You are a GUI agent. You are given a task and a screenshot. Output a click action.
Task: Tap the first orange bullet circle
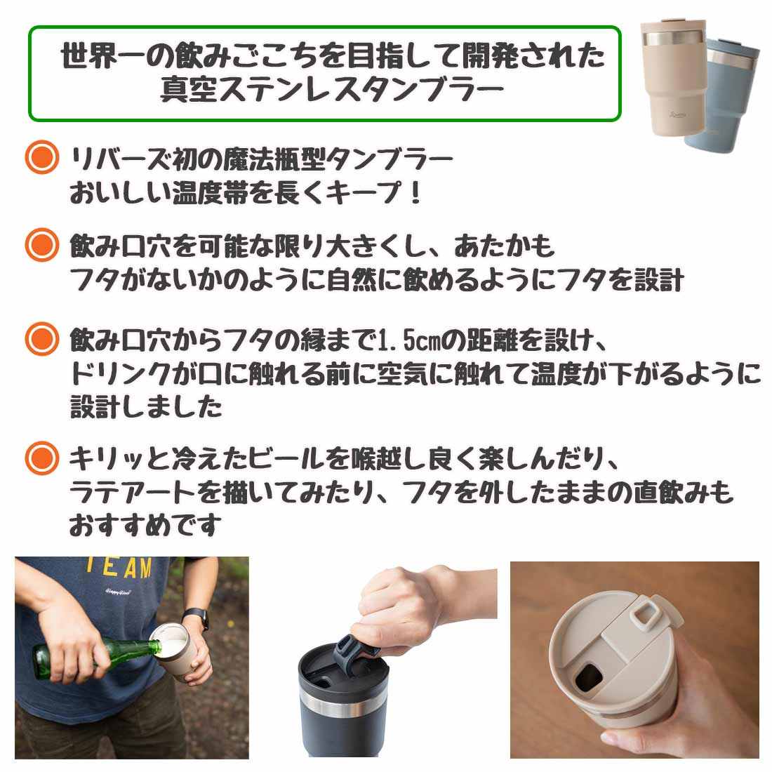tap(42, 157)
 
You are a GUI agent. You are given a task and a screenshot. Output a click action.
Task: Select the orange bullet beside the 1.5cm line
tap(42, 339)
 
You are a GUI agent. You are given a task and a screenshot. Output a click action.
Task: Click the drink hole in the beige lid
tap(589, 676)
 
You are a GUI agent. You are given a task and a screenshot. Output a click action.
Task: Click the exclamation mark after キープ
tap(416, 192)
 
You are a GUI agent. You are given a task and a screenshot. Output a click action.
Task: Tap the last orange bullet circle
tap(42, 458)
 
